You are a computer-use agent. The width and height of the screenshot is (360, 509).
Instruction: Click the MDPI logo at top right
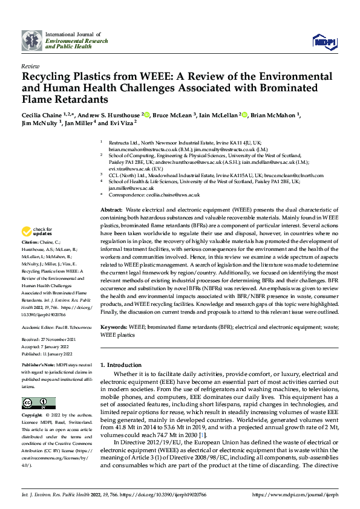click(322, 41)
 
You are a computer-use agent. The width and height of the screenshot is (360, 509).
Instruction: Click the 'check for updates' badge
click(38, 232)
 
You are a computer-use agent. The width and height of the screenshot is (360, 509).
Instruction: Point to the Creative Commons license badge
click(38, 403)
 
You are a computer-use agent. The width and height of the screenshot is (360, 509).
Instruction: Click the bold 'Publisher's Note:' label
click(38, 366)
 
